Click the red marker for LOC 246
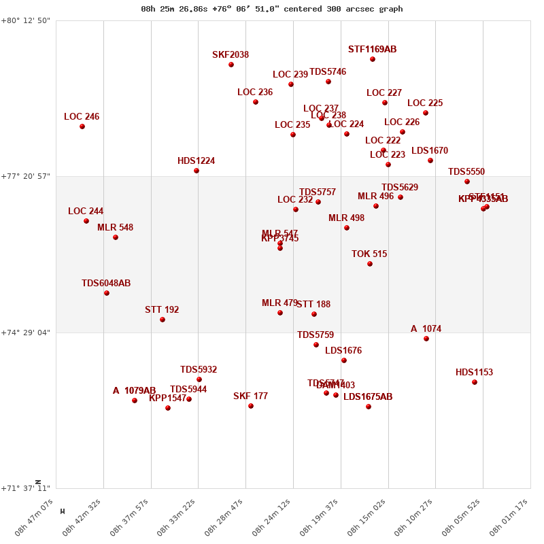point(82,126)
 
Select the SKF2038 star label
point(231,55)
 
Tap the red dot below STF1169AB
point(373,59)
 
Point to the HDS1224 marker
point(197,171)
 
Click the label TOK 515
point(369,254)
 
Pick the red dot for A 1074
point(426,339)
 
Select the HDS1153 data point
point(475,382)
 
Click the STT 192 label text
point(162,310)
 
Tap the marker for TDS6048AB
point(107,293)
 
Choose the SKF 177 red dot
point(251,406)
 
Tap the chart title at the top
point(272,9)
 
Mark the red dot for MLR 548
point(116,237)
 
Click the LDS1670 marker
point(430,160)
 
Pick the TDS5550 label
point(466,172)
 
